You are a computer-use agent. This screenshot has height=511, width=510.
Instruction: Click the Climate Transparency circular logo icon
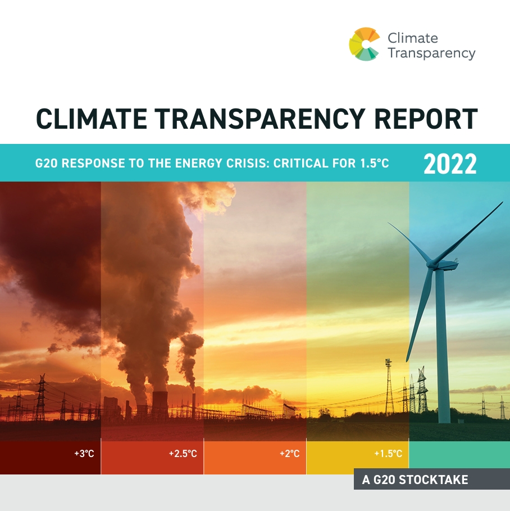coord(365,44)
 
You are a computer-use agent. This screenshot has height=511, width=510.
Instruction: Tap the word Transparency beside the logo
coord(431,53)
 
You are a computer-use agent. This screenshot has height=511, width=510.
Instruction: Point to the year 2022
coord(450,164)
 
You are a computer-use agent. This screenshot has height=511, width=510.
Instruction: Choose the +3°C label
coord(84,453)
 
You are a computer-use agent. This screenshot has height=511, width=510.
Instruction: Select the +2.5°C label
coord(183,453)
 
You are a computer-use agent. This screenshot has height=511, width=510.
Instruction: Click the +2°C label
coord(289,453)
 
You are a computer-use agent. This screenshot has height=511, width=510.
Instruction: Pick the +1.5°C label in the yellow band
coord(388,453)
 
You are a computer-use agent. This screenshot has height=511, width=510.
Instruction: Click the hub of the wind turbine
coord(434,263)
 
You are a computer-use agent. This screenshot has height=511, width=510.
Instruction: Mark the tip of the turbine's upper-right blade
coord(502,203)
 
